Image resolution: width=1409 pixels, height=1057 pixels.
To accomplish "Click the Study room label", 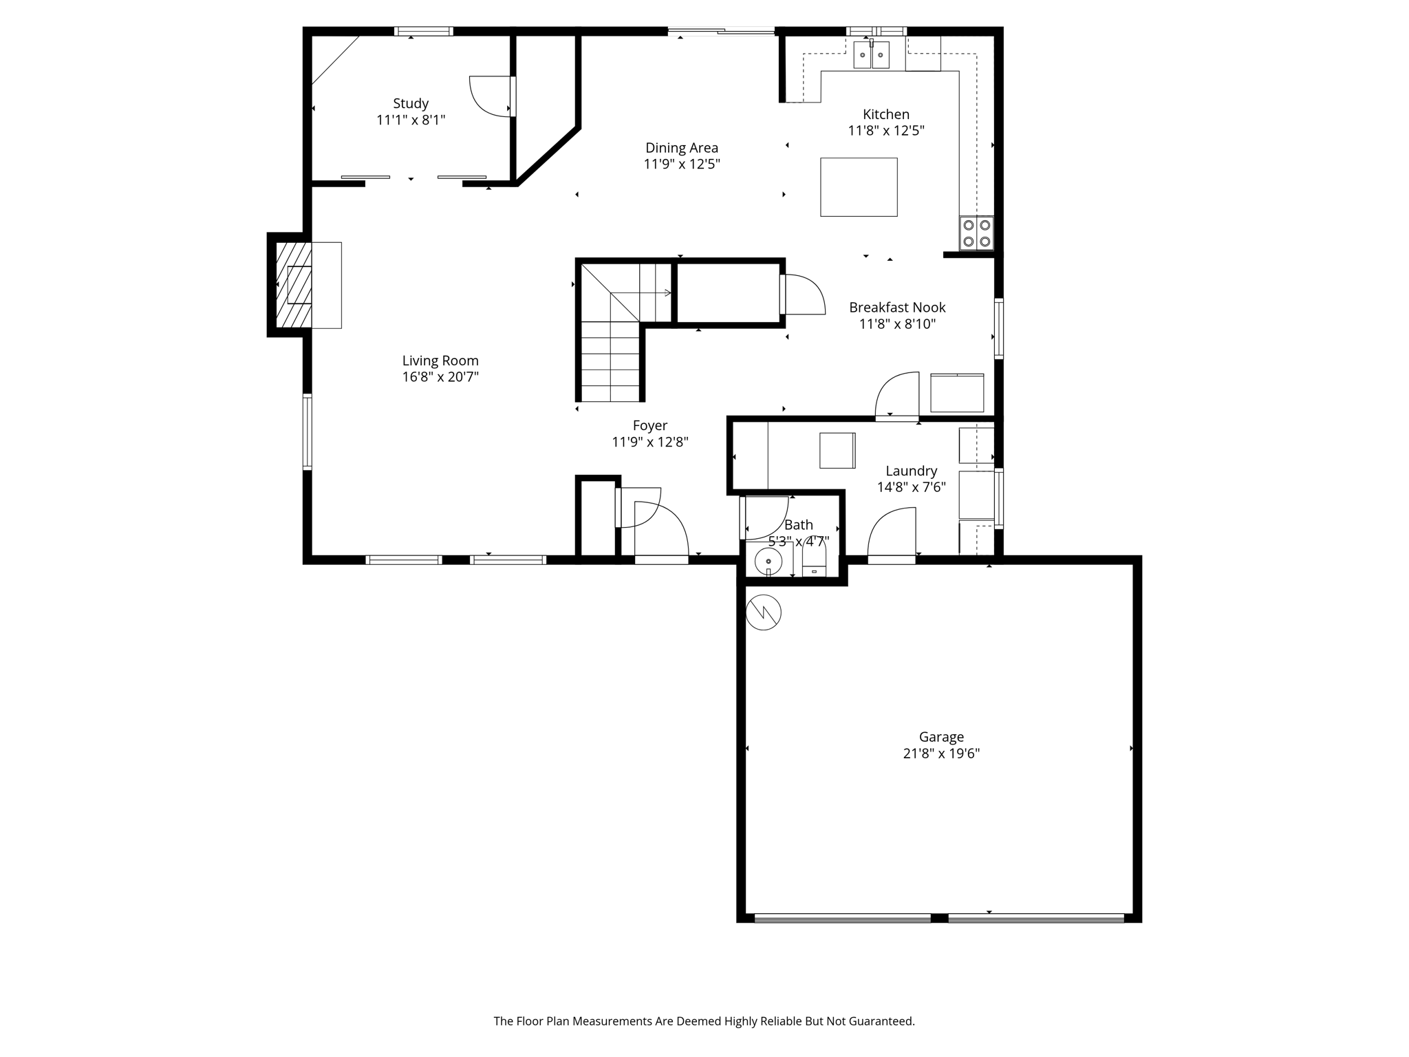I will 411,104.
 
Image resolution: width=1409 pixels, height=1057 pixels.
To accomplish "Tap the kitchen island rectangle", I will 858,187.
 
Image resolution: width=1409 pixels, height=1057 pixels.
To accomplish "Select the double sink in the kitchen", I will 871,55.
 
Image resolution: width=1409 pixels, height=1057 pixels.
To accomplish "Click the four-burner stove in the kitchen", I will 976,233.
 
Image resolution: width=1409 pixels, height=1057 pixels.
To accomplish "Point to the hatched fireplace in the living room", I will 294,285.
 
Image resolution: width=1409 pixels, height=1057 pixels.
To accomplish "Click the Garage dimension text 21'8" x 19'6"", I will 940,754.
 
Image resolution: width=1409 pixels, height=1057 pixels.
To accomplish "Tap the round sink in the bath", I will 768,562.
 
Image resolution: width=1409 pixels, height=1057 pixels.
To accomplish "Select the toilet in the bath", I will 814,561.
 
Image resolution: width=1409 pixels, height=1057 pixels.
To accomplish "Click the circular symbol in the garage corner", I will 763,612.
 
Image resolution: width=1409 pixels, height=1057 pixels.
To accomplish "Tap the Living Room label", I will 440,361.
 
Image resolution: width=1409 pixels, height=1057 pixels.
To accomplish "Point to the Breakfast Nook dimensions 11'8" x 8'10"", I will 897,324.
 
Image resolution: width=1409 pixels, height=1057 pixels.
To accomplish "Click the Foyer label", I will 649,426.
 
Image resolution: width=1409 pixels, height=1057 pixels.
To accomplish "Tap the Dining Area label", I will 681,148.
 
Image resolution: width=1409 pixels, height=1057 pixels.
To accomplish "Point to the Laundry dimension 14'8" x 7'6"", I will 911,487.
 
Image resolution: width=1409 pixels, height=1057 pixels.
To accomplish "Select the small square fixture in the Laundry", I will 837,451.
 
